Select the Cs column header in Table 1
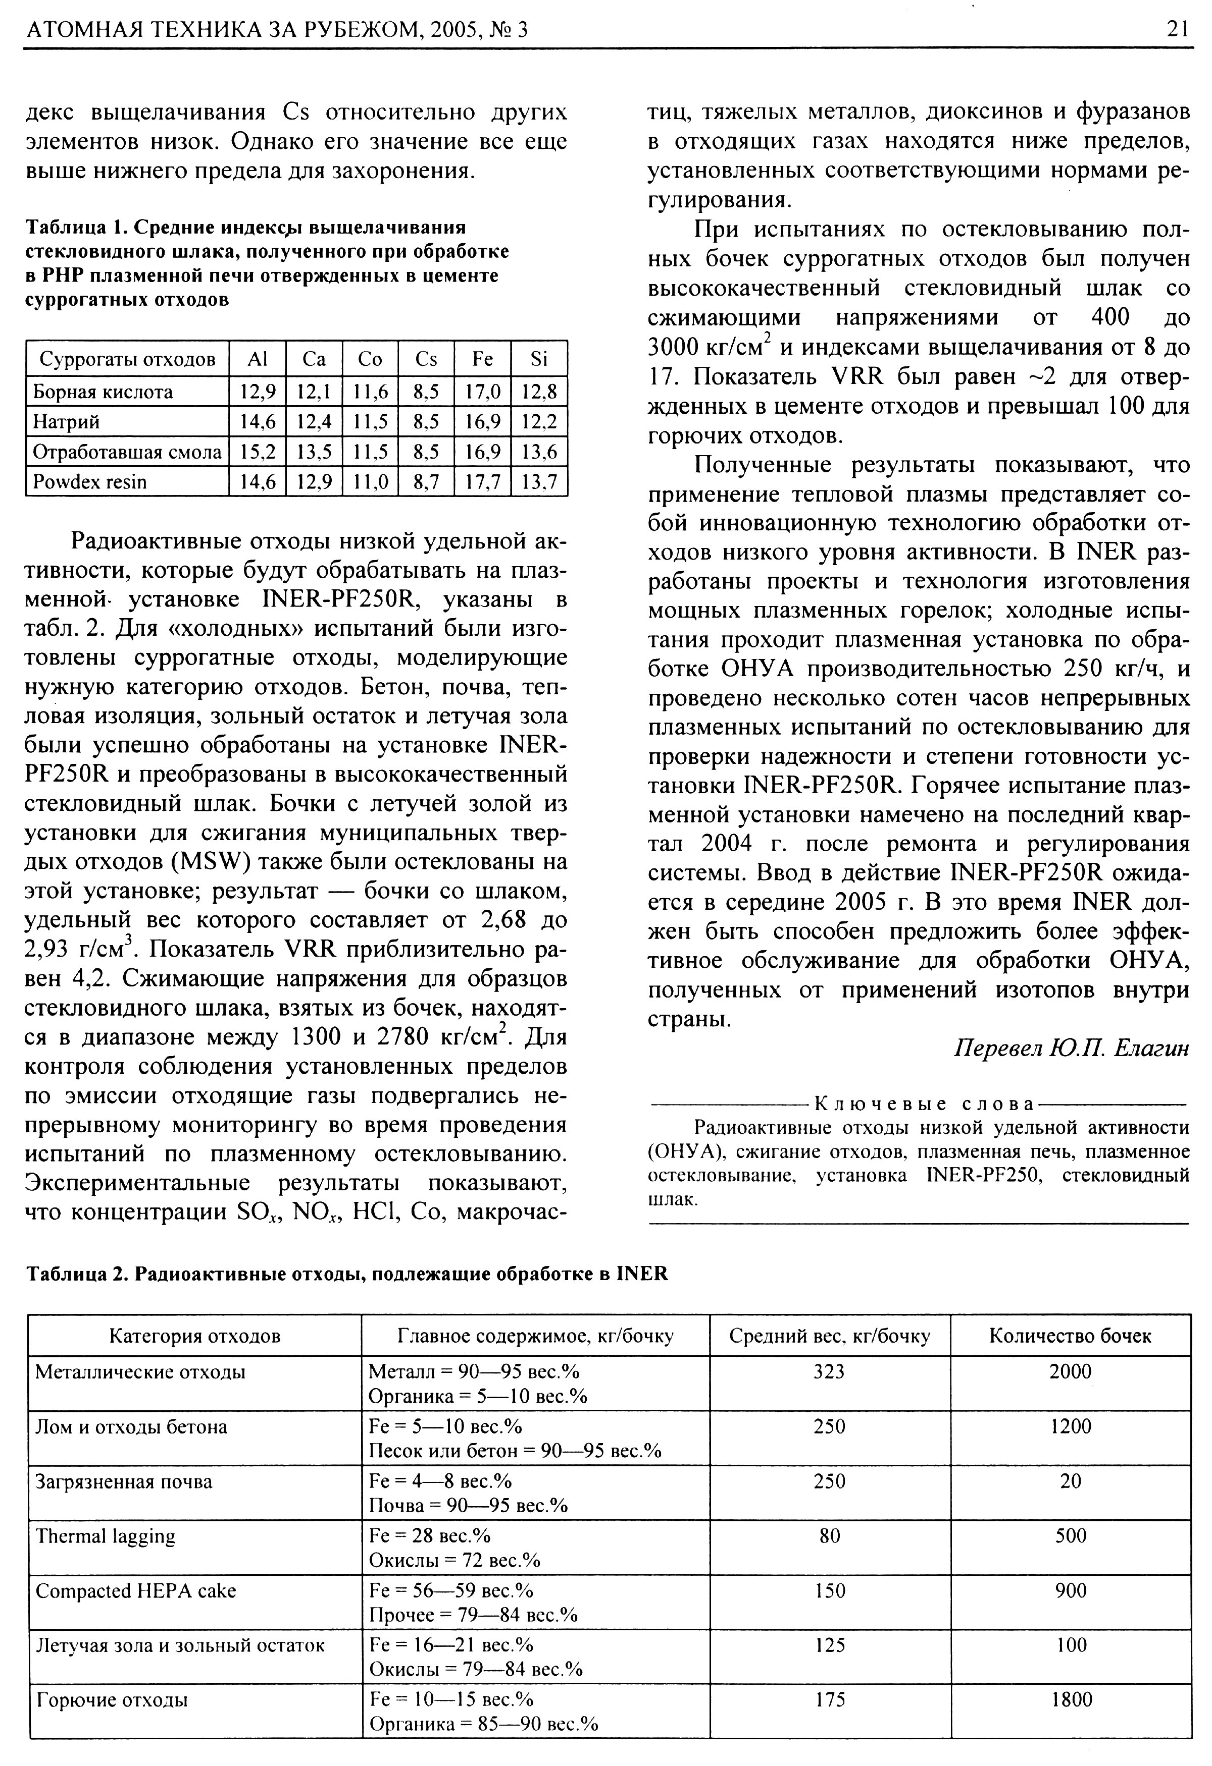point(427,359)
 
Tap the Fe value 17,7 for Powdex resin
point(482,482)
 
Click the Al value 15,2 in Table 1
point(257,452)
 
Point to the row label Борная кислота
point(103,392)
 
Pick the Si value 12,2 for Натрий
point(539,422)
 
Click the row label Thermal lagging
point(106,1536)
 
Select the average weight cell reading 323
point(830,1371)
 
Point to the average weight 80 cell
point(830,1536)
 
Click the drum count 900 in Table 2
point(1071,1590)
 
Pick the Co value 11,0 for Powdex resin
point(370,482)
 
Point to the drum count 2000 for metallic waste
point(1071,1371)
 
